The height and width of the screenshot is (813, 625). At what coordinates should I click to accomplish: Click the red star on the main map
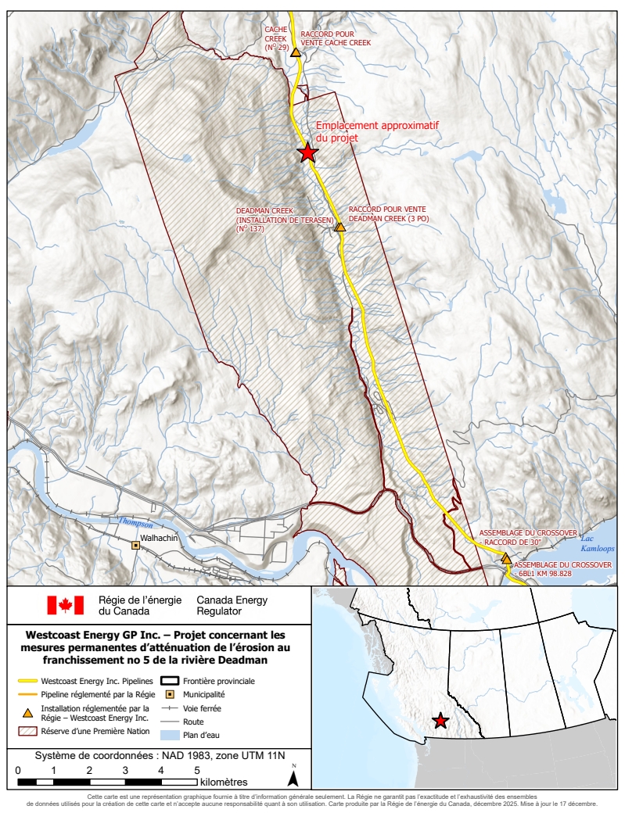point(307,152)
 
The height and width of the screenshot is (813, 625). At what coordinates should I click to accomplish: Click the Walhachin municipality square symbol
point(135,545)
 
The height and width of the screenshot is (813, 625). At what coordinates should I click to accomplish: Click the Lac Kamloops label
point(597,544)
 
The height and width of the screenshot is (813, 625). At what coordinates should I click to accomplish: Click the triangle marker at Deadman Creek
point(339,227)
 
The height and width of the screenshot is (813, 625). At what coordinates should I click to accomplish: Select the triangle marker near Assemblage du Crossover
point(506,559)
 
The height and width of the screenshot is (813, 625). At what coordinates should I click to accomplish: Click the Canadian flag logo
point(65,605)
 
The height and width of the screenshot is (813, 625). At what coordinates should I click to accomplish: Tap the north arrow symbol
point(293,777)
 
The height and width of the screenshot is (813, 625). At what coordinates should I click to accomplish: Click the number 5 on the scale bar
point(196,770)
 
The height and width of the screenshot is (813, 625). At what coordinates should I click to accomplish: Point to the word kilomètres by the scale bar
point(224,782)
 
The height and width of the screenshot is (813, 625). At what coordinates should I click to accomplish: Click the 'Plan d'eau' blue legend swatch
point(170,736)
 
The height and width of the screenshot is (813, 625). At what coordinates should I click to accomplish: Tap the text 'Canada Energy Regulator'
point(232,605)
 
